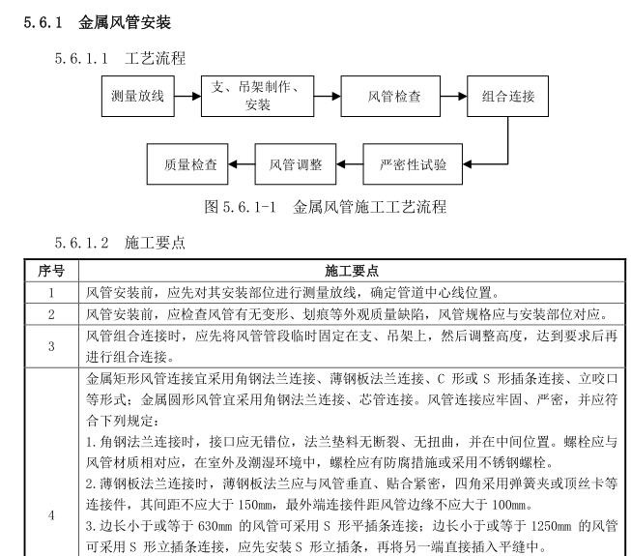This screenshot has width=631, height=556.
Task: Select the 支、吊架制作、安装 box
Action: point(257,96)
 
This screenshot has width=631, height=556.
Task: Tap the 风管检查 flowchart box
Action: point(393,96)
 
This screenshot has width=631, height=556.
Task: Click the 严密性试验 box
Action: point(413,163)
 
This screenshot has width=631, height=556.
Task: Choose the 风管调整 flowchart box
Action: point(295,163)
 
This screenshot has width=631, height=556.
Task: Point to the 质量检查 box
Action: point(189,163)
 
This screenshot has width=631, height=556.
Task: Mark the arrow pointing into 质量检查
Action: point(243,163)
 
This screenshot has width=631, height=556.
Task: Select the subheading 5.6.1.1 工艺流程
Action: point(120,60)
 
